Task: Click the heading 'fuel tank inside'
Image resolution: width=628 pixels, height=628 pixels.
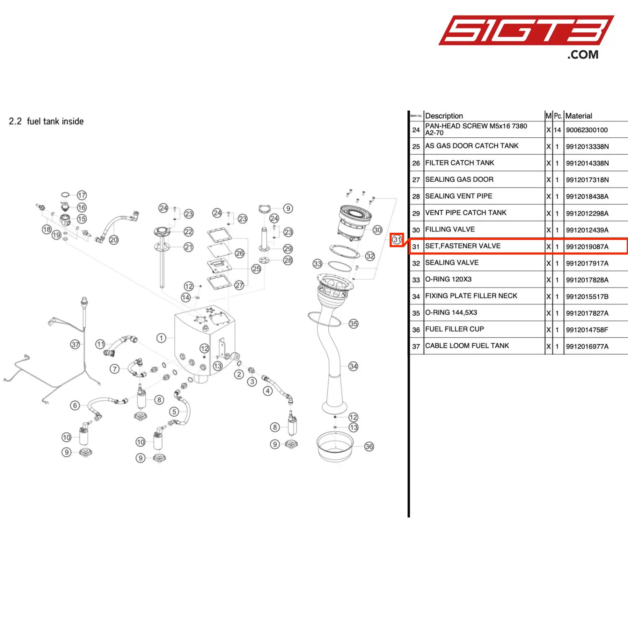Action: [x=55, y=121]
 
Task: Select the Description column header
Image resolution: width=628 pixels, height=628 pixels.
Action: [x=444, y=116]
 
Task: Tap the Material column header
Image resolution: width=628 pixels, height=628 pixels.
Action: [x=579, y=116]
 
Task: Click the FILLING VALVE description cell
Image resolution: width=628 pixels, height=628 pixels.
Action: [x=450, y=229]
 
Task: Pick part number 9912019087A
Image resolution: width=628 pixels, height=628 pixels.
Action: [x=587, y=247]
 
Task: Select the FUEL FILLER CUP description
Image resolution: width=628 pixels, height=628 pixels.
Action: [x=455, y=329]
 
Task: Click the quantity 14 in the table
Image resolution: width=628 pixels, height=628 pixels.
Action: [x=557, y=130]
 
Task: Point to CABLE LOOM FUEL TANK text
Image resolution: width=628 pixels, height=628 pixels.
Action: [x=467, y=346]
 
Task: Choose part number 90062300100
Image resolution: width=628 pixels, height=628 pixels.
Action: [x=587, y=130]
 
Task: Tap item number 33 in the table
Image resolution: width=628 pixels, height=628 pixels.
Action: [x=416, y=280]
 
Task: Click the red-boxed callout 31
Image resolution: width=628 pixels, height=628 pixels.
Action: [x=397, y=239]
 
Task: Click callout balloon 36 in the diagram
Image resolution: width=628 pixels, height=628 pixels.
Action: [x=369, y=446]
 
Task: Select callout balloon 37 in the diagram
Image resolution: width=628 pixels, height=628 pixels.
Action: [x=75, y=345]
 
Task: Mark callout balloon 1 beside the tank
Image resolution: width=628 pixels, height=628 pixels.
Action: [x=161, y=338]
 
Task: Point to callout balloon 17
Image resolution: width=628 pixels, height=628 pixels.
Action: [x=82, y=195]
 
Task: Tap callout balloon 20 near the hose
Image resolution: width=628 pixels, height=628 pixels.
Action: [x=113, y=239]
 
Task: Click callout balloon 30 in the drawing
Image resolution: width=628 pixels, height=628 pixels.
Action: [x=377, y=230]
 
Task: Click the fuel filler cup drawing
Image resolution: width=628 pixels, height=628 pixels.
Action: [x=335, y=446]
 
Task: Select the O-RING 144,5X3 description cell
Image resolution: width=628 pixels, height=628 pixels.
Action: [x=451, y=313]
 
